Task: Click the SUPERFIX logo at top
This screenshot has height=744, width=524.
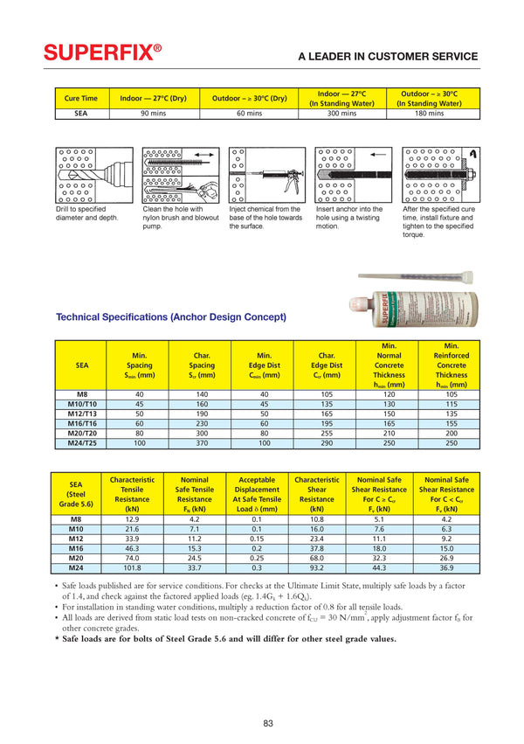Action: [103, 54]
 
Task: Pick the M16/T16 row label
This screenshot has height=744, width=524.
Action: [82, 422]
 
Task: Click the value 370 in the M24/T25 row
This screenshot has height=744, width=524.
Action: [202, 443]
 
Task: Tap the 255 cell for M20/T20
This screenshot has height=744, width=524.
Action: [328, 433]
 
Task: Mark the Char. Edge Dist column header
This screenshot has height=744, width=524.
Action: [328, 365]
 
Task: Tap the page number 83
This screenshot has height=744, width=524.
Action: [268, 722]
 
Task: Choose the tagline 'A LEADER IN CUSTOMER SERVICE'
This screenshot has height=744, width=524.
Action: [388, 57]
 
